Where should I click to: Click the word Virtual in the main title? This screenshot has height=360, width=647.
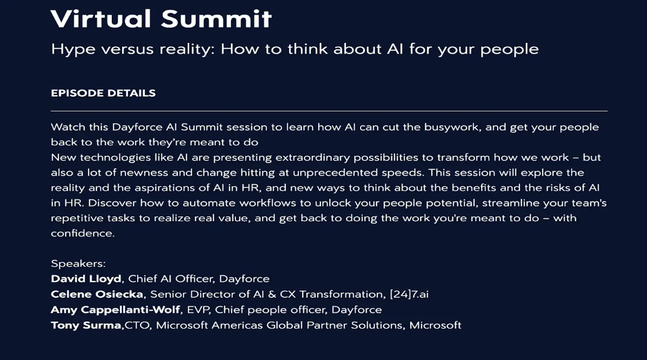[101, 19]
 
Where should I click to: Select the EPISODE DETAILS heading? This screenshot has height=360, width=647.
[103, 93]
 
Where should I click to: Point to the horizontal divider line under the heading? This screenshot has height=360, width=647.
[329, 111]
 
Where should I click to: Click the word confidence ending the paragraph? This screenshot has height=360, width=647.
[81, 233]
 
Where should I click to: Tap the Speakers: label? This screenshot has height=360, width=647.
[79, 264]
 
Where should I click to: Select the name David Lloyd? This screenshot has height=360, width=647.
[86, 279]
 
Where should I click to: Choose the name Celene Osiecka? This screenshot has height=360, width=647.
[97, 294]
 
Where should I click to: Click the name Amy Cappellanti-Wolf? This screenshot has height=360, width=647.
[116, 310]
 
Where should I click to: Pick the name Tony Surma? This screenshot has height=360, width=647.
[86, 325]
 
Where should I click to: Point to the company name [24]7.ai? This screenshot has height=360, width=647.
[409, 294]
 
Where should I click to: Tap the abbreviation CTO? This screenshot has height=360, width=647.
[137, 325]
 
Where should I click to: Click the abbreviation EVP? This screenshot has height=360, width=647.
[197, 310]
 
